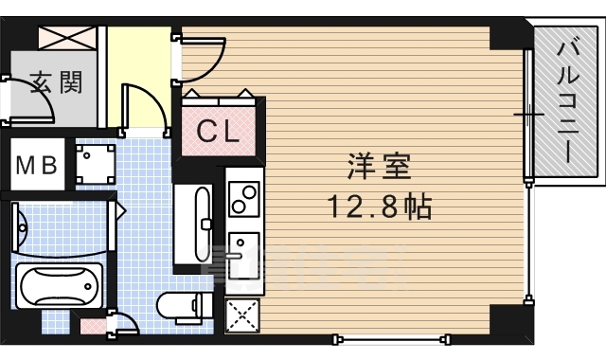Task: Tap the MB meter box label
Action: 37,164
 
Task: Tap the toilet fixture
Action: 186,304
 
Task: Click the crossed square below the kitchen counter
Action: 242,313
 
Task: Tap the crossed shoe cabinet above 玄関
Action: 68,38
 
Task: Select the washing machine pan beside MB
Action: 95,164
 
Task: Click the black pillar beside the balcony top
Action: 508,36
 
